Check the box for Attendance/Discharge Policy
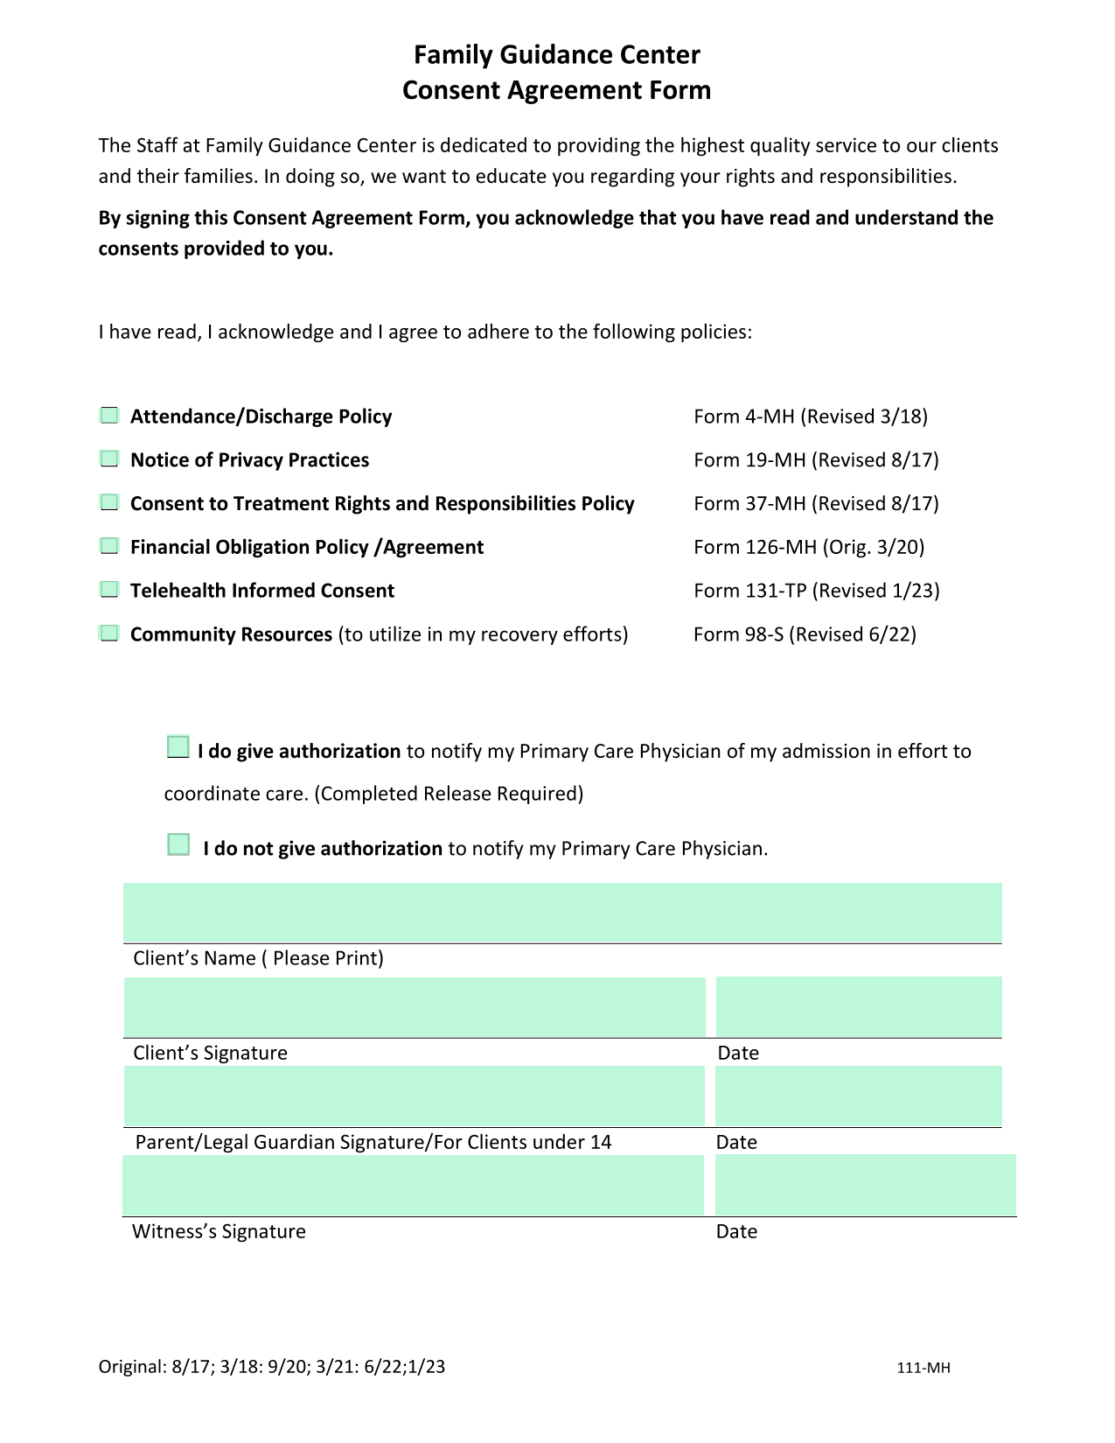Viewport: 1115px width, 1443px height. (x=109, y=416)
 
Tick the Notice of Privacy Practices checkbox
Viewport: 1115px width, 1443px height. (x=109, y=459)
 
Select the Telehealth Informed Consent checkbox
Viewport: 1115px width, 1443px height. (x=109, y=590)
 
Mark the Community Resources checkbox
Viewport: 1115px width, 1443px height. (x=109, y=634)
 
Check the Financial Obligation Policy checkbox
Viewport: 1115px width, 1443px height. (x=109, y=546)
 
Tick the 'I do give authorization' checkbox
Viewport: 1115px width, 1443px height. (x=178, y=747)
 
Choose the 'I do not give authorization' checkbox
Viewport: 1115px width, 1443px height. (x=178, y=844)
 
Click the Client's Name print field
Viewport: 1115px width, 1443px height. (x=562, y=913)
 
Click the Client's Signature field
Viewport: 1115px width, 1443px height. (x=415, y=1007)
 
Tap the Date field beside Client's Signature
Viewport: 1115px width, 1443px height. (x=859, y=1007)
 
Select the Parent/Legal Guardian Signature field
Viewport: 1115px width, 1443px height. (x=414, y=1096)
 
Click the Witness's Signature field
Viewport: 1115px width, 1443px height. (x=413, y=1186)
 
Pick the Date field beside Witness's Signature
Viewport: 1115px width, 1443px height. (x=866, y=1186)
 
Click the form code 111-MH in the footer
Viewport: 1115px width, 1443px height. (x=923, y=1368)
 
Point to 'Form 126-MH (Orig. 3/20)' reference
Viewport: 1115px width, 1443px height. (x=809, y=547)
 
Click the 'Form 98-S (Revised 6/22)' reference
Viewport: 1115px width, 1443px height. (x=805, y=634)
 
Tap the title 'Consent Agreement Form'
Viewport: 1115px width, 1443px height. (x=556, y=90)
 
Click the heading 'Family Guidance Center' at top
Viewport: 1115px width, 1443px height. (x=556, y=55)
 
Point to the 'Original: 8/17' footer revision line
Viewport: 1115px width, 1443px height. (x=271, y=1367)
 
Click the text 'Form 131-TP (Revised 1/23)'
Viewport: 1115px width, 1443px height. (x=817, y=591)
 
